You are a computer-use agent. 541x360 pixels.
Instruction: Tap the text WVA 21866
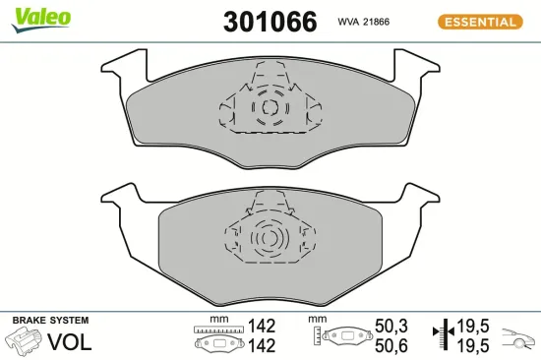tap(366, 22)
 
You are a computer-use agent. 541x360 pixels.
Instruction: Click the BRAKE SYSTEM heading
tap(49, 321)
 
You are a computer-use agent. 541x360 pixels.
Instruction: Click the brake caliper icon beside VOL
tap(26, 341)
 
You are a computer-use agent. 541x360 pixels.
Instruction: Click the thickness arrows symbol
tap(447, 334)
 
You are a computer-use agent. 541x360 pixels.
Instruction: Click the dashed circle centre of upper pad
tap(268, 107)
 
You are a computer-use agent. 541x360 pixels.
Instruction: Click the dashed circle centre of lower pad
tap(266, 239)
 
